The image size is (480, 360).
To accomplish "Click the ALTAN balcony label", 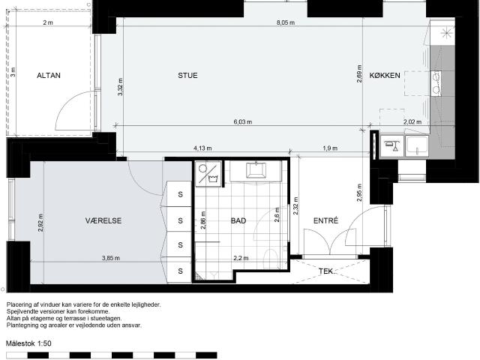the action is tap(49, 75).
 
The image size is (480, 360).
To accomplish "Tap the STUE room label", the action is tap(187, 75).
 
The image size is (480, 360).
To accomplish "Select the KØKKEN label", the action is tap(385, 75).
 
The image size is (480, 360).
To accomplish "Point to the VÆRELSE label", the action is tap(103, 220).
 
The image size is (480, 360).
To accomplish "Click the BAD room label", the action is tap(238, 220).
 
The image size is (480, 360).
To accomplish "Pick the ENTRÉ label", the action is tap(325, 220).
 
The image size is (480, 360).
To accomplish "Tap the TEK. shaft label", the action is tap(327, 271).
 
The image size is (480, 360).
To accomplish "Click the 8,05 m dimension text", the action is tap(286, 22).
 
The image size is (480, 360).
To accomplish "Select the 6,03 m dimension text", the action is tap(243, 121).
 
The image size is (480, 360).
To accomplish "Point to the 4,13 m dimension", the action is tap(202, 148).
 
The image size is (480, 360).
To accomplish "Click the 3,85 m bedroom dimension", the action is tap(111, 258).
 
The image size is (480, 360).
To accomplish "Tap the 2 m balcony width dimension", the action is tap(48, 22).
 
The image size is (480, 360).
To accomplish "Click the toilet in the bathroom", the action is tap(270, 258).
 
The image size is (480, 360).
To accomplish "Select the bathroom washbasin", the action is tap(256, 170).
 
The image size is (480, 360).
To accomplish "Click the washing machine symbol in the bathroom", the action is tap(208, 173).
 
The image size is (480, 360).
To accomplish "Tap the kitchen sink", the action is tap(417, 145).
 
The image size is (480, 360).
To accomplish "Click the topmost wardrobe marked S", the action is tap(179, 194).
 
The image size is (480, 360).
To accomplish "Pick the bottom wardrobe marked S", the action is tap(179, 271).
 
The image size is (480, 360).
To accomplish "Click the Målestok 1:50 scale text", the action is tap(28, 343).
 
